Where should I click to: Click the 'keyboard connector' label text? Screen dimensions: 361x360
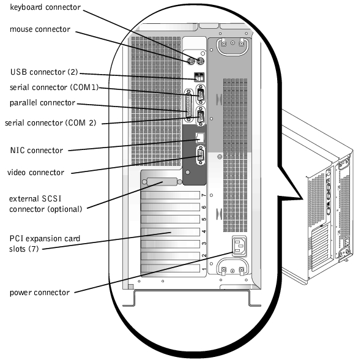click(x=45, y=7)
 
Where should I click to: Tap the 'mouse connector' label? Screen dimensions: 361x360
click(x=40, y=29)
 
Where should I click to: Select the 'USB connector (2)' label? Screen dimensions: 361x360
click(x=44, y=72)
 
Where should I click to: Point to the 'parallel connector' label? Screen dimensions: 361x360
click(x=42, y=103)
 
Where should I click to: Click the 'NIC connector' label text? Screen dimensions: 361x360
click(x=36, y=151)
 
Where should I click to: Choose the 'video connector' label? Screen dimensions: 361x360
click(x=35, y=173)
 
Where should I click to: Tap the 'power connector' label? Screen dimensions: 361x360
click(x=40, y=293)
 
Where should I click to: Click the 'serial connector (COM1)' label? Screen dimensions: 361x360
click(x=54, y=88)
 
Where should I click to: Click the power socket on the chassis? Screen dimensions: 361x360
click(x=239, y=246)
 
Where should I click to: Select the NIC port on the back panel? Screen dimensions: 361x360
click(x=199, y=137)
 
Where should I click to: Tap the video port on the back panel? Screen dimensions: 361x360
click(x=200, y=156)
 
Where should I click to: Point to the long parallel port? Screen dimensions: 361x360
click(x=189, y=105)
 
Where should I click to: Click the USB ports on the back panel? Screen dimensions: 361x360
click(x=199, y=77)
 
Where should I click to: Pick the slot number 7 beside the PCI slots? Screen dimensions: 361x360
click(x=204, y=195)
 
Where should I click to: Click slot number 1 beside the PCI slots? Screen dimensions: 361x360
click(x=204, y=269)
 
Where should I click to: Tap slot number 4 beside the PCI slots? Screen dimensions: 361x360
click(x=204, y=231)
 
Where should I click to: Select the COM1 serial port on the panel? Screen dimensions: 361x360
click(x=201, y=94)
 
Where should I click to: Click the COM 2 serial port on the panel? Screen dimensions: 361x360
click(x=201, y=116)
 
